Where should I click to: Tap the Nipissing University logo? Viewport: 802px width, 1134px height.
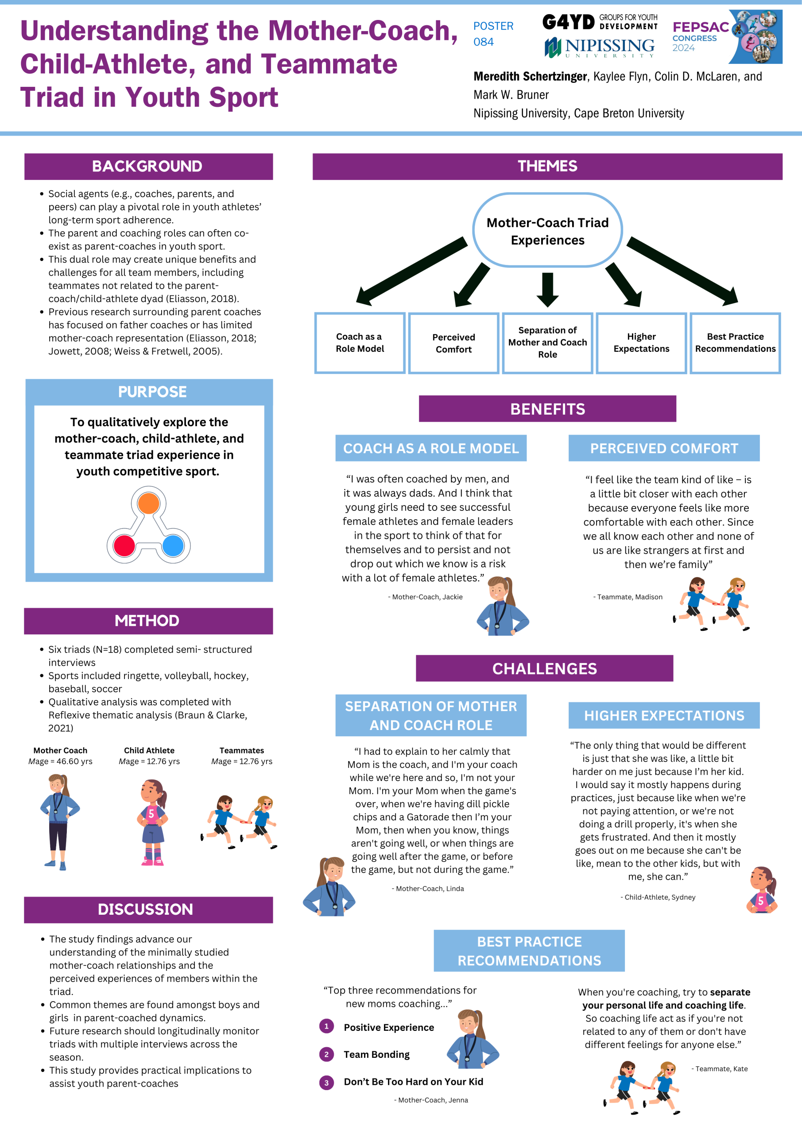[x=600, y=47]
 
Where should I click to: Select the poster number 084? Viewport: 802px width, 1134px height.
[x=484, y=42]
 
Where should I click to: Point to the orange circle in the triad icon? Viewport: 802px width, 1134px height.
[x=149, y=503]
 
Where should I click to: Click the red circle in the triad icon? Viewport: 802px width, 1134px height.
[x=124, y=546]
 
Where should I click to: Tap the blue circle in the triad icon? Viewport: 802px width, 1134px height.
[x=173, y=546]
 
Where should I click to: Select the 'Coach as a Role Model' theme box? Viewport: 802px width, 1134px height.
[x=360, y=343]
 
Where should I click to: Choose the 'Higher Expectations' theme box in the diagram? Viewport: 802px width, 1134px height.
[x=642, y=343]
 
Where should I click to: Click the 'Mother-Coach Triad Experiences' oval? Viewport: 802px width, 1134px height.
[x=548, y=231]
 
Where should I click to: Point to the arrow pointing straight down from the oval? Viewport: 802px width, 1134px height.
[x=548, y=289]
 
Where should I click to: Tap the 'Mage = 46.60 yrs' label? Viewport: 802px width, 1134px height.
[x=60, y=761]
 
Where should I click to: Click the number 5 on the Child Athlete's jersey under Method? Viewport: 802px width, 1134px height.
[x=151, y=813]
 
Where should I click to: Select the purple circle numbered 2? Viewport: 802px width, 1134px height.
[x=326, y=1054]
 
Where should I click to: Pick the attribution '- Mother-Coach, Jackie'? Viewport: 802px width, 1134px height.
[x=425, y=597]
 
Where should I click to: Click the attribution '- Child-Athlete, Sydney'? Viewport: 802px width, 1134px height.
[x=658, y=897]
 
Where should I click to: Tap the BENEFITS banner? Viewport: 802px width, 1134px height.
[x=548, y=409]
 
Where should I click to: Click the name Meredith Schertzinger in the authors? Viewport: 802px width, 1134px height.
[x=531, y=77]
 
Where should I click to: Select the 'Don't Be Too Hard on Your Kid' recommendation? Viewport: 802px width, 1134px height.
[x=413, y=1082]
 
